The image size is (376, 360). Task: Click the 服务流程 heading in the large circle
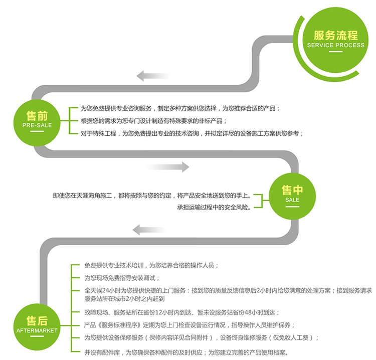click(336, 35)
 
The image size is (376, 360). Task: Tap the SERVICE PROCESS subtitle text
click(336, 45)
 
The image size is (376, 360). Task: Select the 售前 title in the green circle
click(37, 116)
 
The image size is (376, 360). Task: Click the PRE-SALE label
click(37, 125)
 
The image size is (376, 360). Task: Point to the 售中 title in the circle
click(292, 190)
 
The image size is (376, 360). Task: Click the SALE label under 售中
click(292, 200)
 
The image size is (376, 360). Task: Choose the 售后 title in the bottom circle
click(37, 321)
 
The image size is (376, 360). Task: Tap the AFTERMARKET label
click(37, 330)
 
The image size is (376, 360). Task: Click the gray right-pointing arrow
click(168, 167)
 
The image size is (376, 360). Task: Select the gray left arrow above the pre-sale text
click(153, 76)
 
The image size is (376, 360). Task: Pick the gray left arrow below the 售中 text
click(149, 230)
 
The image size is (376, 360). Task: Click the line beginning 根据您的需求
click(153, 121)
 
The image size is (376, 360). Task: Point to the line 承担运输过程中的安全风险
click(214, 207)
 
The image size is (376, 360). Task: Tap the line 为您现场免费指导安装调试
click(122, 278)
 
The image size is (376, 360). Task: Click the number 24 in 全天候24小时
click(105, 290)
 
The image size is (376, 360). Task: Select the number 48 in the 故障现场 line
click(248, 312)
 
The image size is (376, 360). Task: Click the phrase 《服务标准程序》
click(119, 325)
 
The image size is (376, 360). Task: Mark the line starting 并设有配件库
click(186, 352)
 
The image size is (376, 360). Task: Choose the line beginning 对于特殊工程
click(192, 133)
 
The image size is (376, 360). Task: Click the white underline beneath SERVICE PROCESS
click(336, 51)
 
